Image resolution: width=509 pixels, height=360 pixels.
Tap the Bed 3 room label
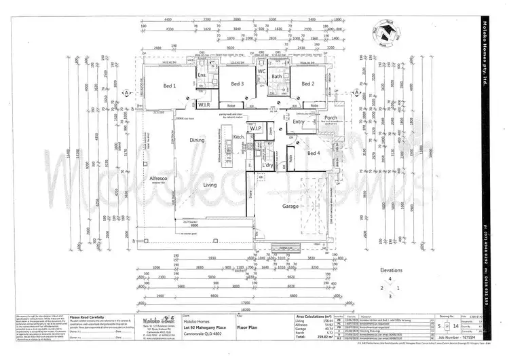click(237, 84)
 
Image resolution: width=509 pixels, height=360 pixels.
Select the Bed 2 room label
click(307, 84)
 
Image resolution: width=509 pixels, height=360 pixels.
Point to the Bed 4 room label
click(313, 154)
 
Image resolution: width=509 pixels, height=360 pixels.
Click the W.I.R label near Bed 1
click(204, 105)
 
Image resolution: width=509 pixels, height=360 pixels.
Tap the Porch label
click(331, 118)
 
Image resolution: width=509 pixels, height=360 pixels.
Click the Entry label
click(299, 122)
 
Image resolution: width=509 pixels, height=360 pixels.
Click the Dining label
click(197, 140)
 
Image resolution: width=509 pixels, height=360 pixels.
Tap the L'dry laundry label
click(267, 165)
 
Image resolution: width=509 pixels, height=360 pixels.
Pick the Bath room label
click(277, 77)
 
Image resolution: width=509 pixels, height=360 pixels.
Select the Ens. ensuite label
click(202, 75)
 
